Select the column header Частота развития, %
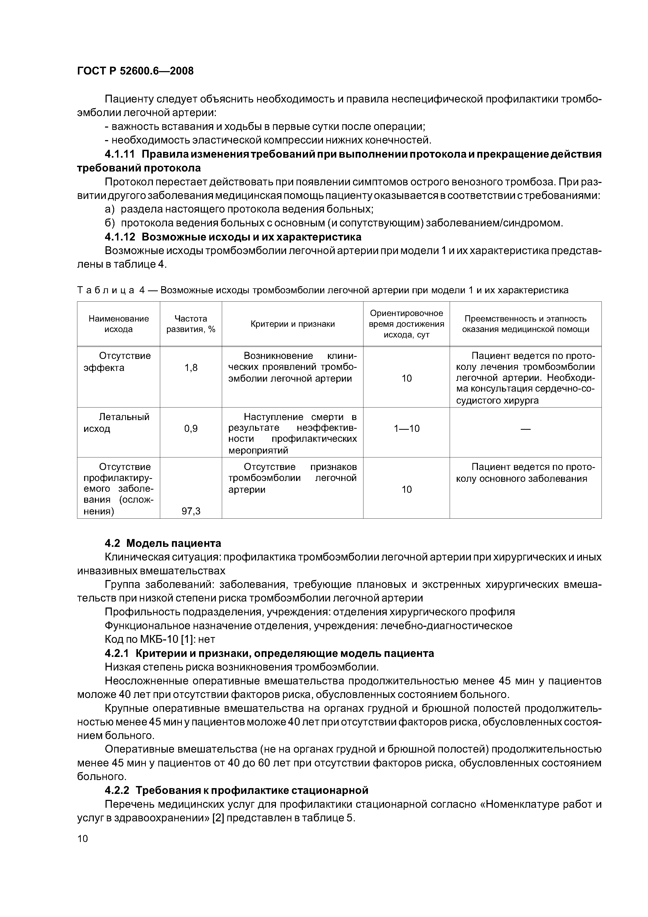tap(190, 324)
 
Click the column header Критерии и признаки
tap(292, 324)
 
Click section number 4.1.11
tap(120, 154)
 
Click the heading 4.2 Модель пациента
tap(163, 543)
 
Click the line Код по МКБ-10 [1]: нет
tap(160, 639)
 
